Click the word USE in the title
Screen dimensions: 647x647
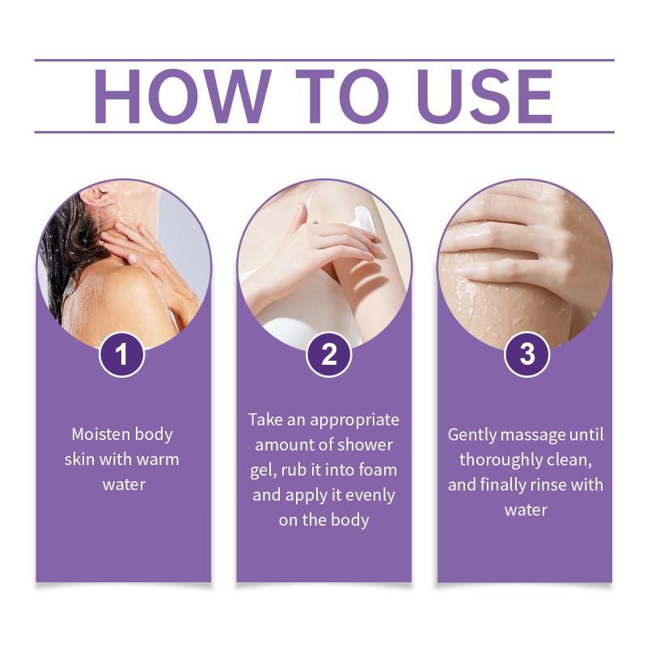[x=484, y=96]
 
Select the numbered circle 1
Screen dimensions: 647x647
[x=122, y=354]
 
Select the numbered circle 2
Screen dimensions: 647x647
[x=328, y=354]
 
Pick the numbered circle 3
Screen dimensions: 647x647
[x=527, y=354]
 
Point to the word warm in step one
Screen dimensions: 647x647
[x=158, y=459]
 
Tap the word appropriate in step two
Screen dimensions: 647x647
[x=354, y=421]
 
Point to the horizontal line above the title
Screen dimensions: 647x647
[x=324, y=60]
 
